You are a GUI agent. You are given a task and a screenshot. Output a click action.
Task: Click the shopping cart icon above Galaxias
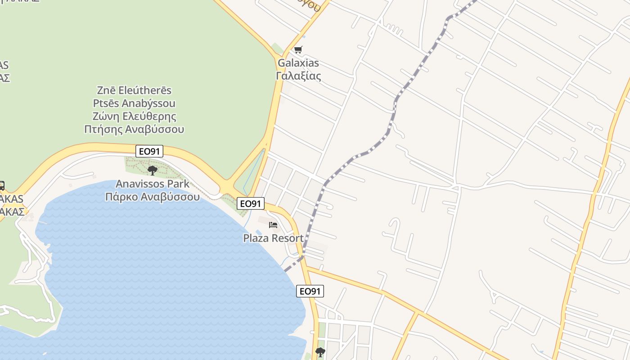(298, 49)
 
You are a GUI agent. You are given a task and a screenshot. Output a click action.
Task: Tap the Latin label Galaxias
(298, 63)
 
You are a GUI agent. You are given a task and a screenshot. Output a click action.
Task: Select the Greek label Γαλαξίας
(298, 76)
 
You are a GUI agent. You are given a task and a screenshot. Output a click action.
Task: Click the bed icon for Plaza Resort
(273, 225)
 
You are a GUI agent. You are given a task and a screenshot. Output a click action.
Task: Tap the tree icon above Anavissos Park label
(153, 171)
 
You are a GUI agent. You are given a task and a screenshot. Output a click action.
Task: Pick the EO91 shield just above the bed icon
(250, 203)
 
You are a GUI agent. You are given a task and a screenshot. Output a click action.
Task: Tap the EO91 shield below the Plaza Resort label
(310, 291)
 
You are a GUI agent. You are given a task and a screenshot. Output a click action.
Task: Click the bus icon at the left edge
(1, 185)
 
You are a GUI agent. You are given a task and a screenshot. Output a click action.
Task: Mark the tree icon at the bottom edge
(320, 352)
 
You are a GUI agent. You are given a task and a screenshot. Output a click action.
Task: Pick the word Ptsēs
(105, 103)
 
